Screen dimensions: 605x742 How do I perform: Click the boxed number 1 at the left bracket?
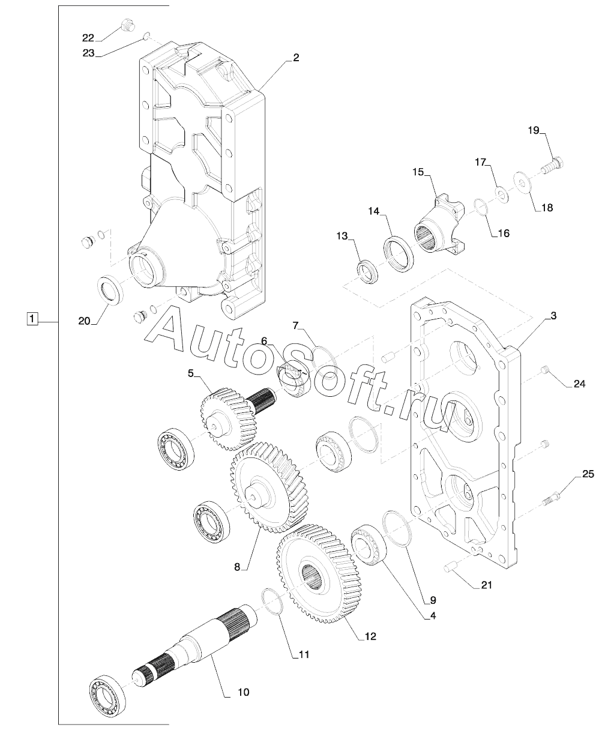[32, 319]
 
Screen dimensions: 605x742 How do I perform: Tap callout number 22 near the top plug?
[88, 38]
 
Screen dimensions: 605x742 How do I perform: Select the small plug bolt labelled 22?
[127, 26]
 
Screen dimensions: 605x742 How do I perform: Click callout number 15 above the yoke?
[418, 172]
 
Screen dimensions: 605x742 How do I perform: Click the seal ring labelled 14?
[398, 254]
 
